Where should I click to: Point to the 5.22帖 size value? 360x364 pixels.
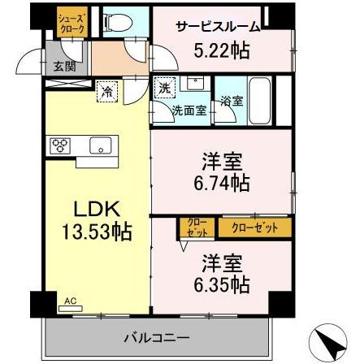pos(219,49)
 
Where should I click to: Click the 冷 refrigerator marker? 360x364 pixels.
pos(107,93)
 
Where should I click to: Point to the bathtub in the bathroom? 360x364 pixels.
pos(259,101)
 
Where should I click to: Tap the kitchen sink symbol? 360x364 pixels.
pos(98,146)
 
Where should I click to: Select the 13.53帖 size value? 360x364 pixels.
pos(91,232)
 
